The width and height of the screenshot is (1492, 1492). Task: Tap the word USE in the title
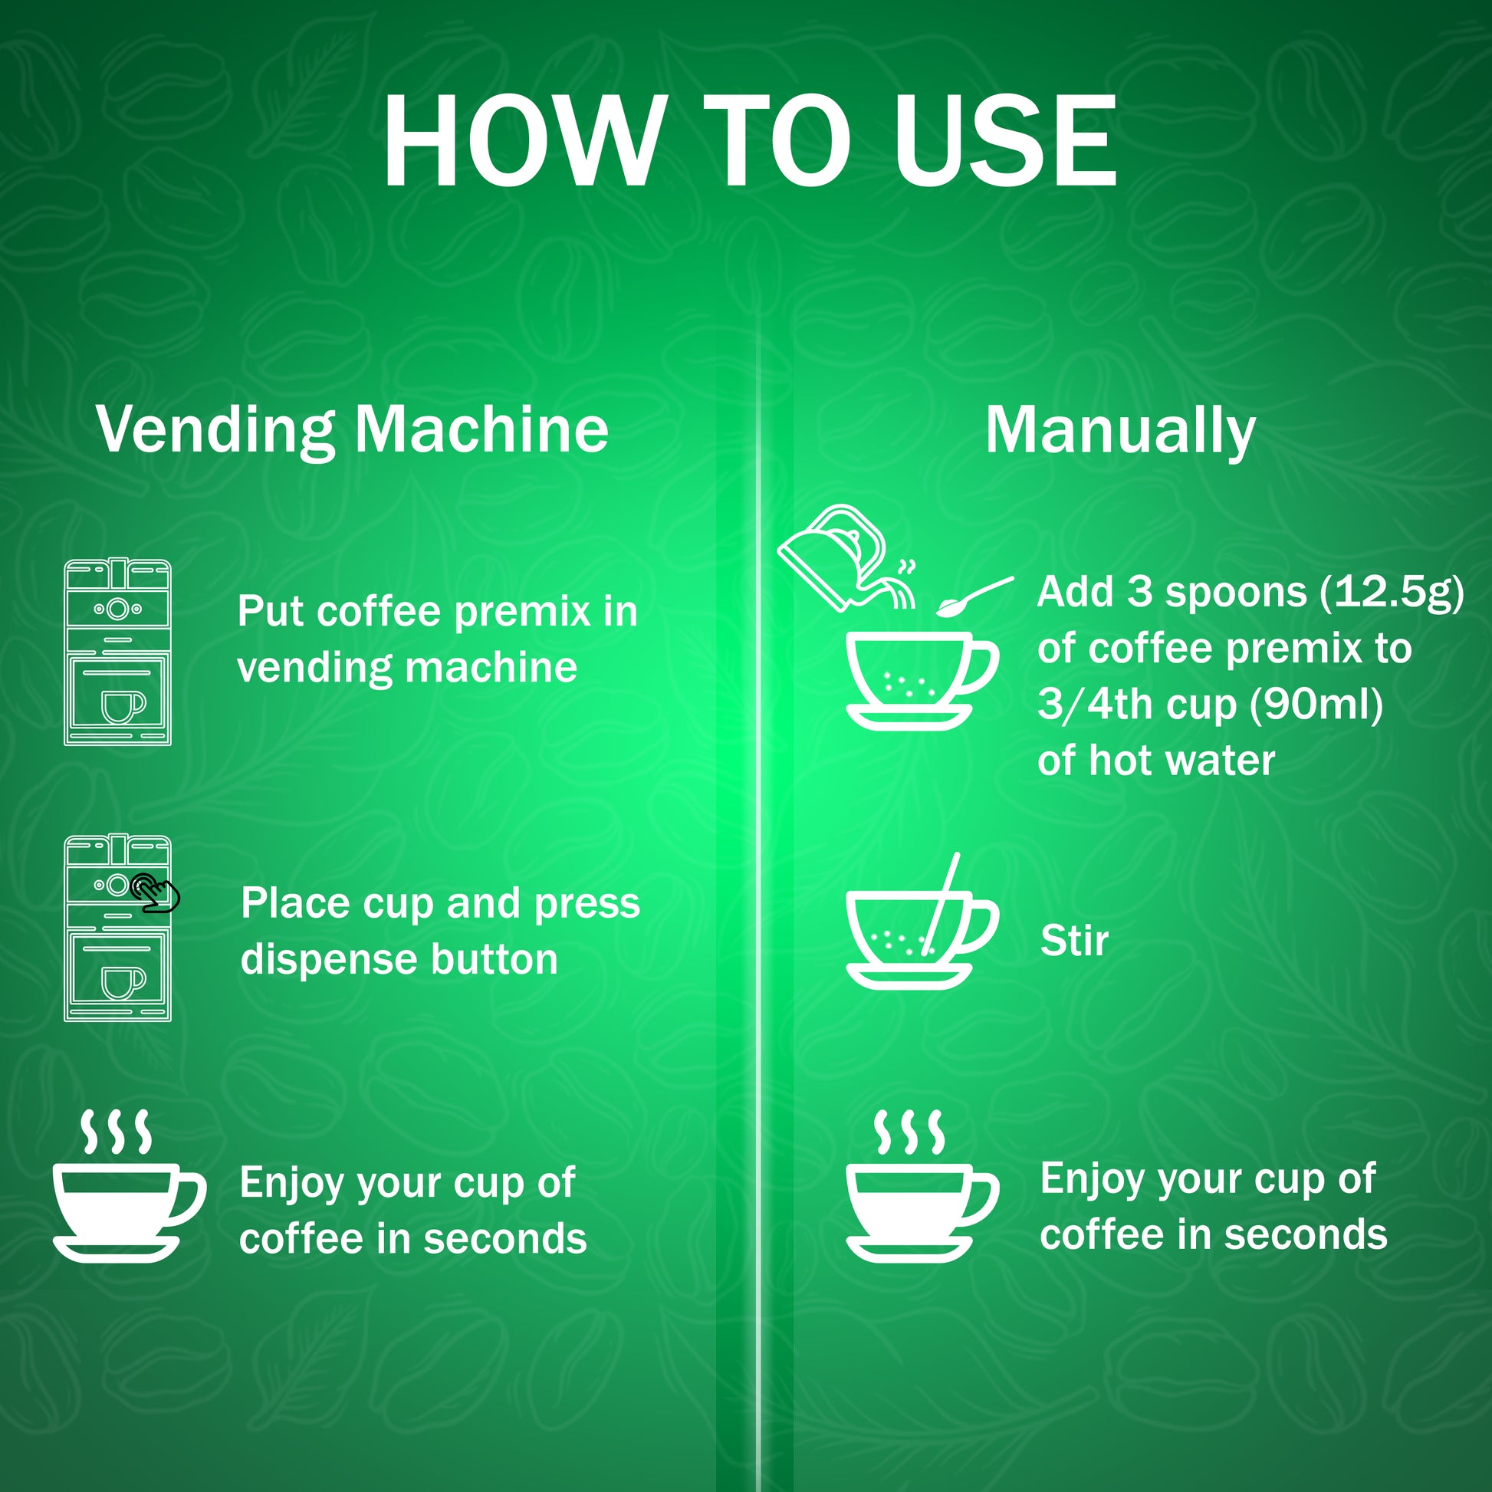pos(1004,140)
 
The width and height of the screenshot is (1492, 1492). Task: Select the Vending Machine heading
pos(352,431)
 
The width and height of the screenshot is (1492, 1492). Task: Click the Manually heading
pos(1120,431)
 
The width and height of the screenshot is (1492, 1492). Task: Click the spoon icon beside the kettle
pos(974,596)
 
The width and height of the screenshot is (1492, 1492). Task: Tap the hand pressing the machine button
pos(155,892)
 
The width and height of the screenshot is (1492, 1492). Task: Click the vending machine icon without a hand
pos(117,652)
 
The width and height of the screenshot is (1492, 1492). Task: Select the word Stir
pos(1074,941)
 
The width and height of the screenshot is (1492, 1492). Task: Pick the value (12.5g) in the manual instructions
pos(1391,593)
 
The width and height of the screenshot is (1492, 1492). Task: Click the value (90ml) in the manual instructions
pos(1316,705)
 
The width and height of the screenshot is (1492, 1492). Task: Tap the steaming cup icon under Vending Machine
pos(129,1187)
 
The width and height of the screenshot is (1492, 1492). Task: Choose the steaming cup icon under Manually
pos(922,1187)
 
